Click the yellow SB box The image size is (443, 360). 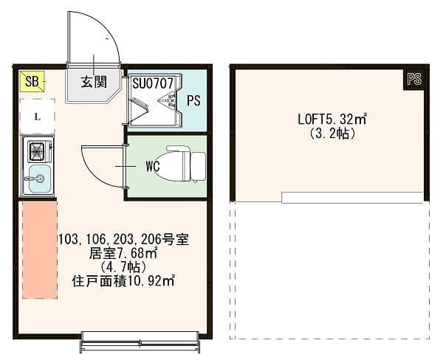coord(32,80)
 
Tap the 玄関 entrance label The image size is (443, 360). coord(93,81)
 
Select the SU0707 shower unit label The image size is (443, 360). coord(152,83)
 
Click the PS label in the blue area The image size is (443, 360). coord(193,101)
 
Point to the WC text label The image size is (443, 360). coord(153,167)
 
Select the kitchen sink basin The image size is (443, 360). coord(38,178)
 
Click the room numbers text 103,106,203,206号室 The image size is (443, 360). coord(123,240)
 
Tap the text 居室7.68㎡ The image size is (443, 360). coord(123,253)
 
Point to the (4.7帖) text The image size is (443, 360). coord(123,266)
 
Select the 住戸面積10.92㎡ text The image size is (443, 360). coord(123,280)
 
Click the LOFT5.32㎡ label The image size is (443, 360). coord(333,119)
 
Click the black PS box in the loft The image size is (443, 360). coord(413,80)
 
